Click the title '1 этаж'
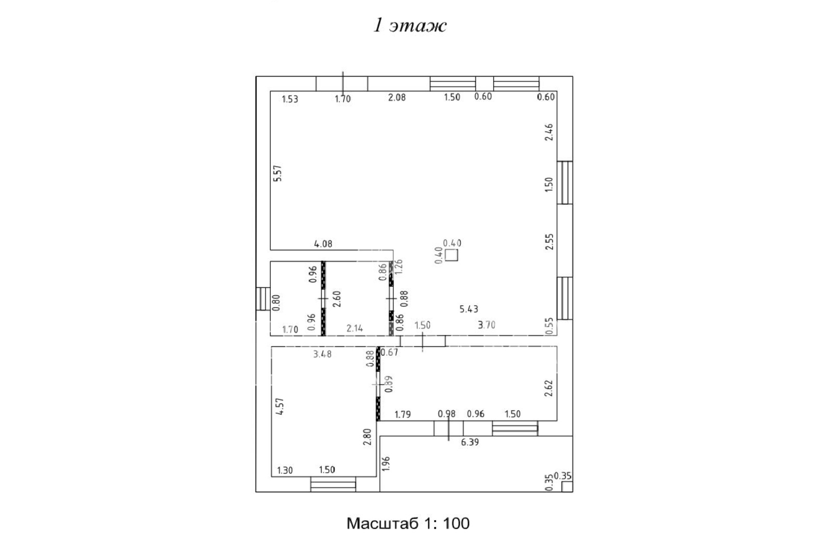coord(410,25)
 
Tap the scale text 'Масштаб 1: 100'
coord(408,523)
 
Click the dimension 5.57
coord(278,174)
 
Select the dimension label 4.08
coord(323,244)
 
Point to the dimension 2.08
coord(397,97)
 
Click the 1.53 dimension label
coord(290,99)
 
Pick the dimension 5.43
coord(469,309)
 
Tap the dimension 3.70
coord(487,325)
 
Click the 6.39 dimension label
coord(470,443)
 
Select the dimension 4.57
coord(280,407)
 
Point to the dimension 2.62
coord(550,388)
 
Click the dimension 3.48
coord(322,354)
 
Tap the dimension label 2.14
coord(355,329)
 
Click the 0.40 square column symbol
coord(452,255)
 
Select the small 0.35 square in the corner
coord(567,487)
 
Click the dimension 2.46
coord(550,132)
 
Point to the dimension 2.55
coord(550,241)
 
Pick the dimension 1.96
coord(387,464)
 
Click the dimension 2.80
coord(367,437)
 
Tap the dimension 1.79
coord(403,415)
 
